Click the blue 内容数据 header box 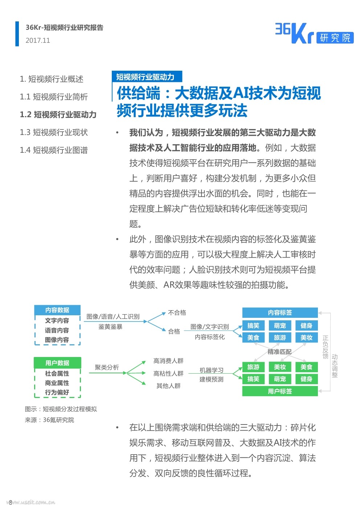pyautogui.click(x=57, y=310)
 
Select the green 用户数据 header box pyautogui.click(x=57, y=363)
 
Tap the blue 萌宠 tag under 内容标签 pyautogui.click(x=280, y=326)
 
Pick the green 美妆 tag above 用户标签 pyautogui.click(x=280, y=367)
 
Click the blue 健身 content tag pyautogui.click(x=306, y=326)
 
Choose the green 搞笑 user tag pyautogui.click(x=253, y=379)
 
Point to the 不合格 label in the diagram pyautogui.click(x=177, y=313)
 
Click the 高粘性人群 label pyautogui.click(x=168, y=373)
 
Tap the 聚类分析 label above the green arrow pyautogui.click(x=107, y=367)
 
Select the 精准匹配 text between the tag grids pyautogui.click(x=279, y=352)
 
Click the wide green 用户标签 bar pyautogui.click(x=280, y=391)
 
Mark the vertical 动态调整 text pyautogui.click(x=335, y=366)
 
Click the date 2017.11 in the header pyautogui.click(x=38, y=40)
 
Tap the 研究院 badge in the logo pyautogui.click(x=335, y=38)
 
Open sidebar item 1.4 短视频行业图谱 pyautogui.click(x=54, y=150)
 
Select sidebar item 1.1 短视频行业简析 pyautogui.click(x=54, y=97)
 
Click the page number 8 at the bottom pyautogui.click(x=11, y=502)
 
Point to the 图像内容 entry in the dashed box pyautogui.click(x=57, y=340)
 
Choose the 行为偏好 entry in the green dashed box pyautogui.click(x=57, y=392)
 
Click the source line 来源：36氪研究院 pyautogui.click(x=50, y=420)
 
